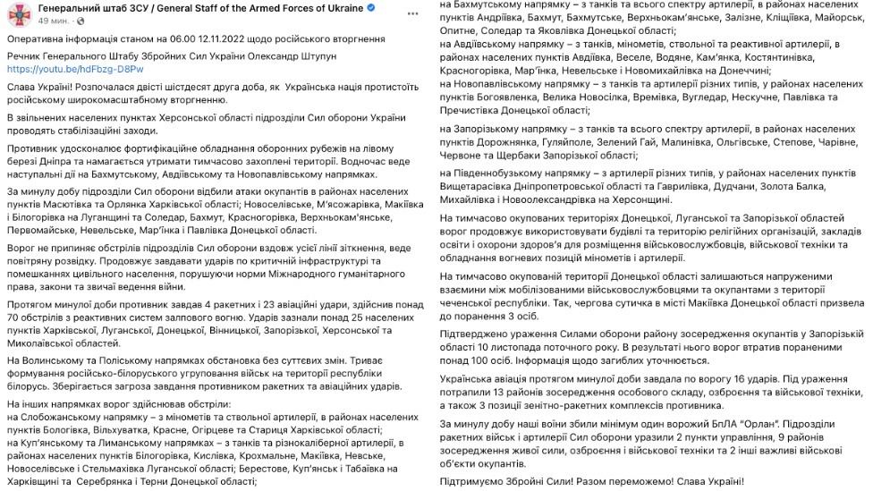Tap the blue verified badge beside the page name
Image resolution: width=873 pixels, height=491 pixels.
(371, 8)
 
